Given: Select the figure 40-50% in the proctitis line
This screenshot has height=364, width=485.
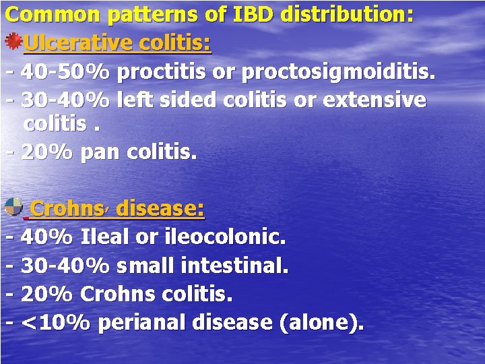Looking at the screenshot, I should (x=65, y=71).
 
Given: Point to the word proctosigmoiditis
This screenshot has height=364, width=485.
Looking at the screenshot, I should (x=337, y=72).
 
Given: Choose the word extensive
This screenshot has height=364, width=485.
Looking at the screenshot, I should (x=375, y=100).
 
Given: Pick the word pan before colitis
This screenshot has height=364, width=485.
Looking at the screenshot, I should (x=98, y=153).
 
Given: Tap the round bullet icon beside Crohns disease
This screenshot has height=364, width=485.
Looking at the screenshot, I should (x=13, y=207).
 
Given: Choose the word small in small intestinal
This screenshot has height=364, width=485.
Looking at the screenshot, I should (x=146, y=266).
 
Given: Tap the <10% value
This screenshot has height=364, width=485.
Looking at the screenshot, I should (x=55, y=323).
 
